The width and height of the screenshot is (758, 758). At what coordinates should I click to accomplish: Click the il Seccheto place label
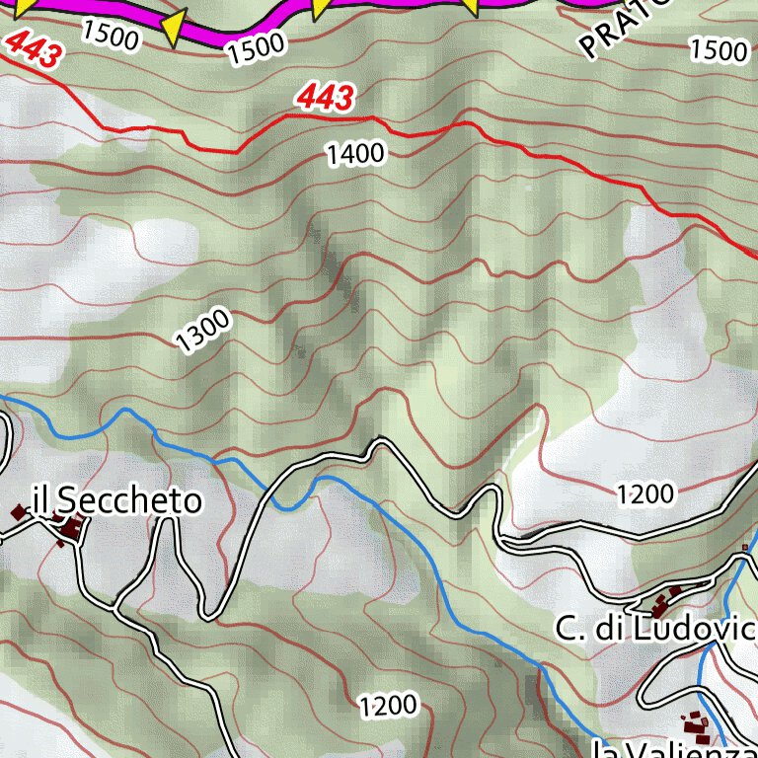coord(116,501)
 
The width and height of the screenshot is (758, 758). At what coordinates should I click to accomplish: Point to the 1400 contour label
coord(356,153)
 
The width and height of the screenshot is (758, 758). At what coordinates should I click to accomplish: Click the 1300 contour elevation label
coord(203,330)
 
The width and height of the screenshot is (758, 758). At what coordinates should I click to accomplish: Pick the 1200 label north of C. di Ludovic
coord(645,493)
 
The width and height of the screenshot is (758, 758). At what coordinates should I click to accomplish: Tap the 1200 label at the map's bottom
coord(387,705)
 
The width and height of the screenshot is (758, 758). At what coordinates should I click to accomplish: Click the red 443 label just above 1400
coord(325,98)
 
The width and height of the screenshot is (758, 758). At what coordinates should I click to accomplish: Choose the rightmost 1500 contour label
coord(719,49)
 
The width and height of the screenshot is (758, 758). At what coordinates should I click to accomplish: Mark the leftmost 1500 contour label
coord(110,35)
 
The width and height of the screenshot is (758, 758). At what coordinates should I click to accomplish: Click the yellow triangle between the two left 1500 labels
coord(174,28)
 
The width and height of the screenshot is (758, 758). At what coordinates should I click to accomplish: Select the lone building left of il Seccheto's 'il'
coord(18,512)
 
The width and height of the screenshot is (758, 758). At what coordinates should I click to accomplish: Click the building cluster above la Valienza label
coord(698,729)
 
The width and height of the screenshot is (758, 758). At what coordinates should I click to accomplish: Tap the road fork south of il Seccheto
coord(117,604)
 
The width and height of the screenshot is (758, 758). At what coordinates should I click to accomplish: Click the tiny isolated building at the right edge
coord(744,547)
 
